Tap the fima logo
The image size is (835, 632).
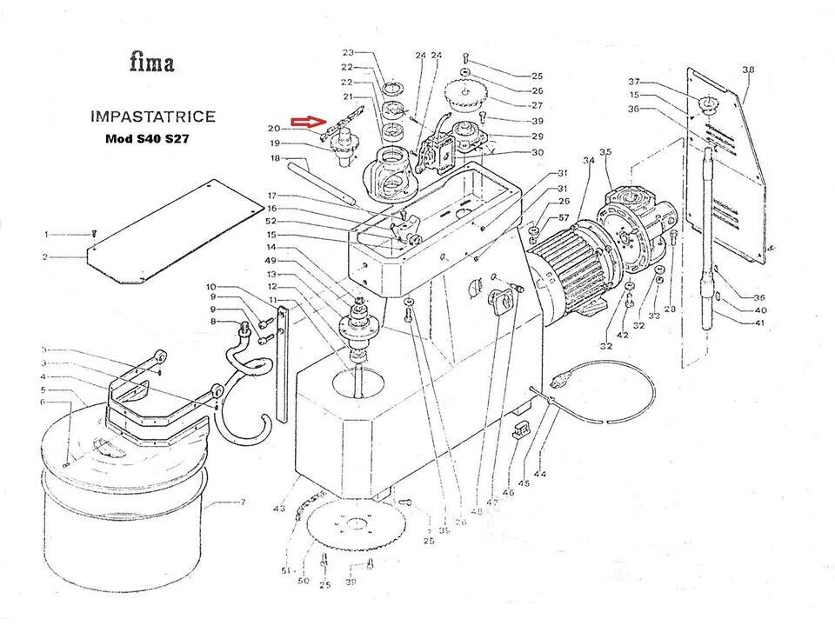pyautogui.click(x=151, y=63)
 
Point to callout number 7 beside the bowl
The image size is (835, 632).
pyautogui.click(x=243, y=502)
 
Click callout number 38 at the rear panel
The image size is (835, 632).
pyautogui.click(x=747, y=70)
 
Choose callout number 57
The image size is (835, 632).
pyautogui.click(x=564, y=217)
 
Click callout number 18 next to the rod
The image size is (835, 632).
pyautogui.click(x=276, y=159)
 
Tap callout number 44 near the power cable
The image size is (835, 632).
pyautogui.click(x=542, y=475)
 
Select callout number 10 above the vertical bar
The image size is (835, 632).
pyautogui.click(x=210, y=287)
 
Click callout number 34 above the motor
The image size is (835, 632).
pyautogui.click(x=589, y=161)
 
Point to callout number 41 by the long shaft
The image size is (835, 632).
pyautogui.click(x=760, y=323)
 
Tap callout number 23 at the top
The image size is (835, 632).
pyautogui.click(x=347, y=53)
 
